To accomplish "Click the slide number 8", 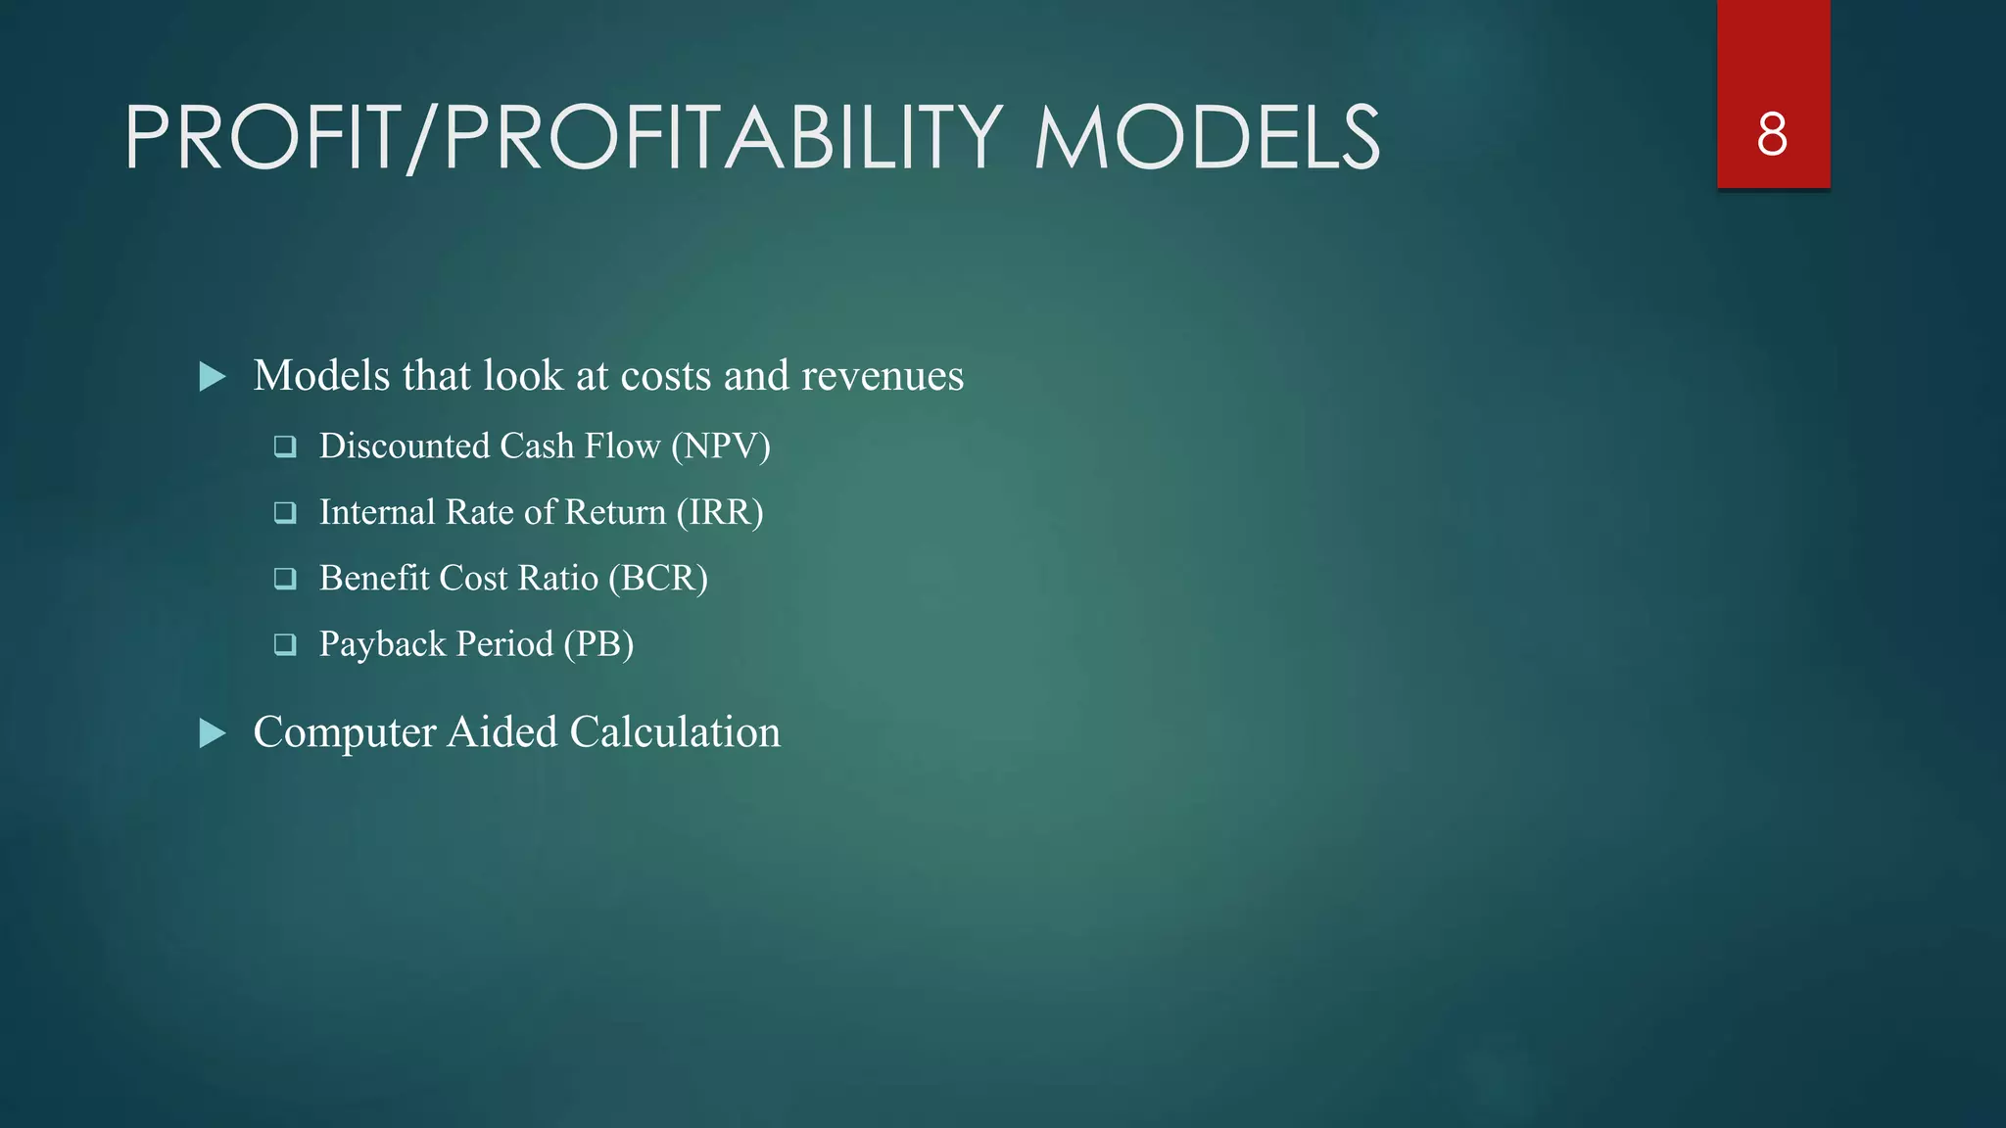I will point(1772,134).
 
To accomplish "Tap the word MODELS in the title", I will point(1207,138).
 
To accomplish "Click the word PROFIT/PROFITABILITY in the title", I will point(563,138).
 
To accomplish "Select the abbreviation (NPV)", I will point(721,446).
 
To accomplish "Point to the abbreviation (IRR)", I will point(720,512).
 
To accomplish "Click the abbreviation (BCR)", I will point(658,579).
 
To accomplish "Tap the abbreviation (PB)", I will point(598,644).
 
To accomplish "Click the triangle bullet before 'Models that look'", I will point(213,377).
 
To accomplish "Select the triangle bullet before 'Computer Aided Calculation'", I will point(213,733).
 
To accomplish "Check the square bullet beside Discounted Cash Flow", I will point(285,447).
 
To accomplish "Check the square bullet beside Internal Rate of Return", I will point(285,513).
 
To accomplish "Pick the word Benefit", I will point(374,579).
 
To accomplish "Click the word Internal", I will point(377,512).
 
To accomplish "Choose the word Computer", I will point(345,733).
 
